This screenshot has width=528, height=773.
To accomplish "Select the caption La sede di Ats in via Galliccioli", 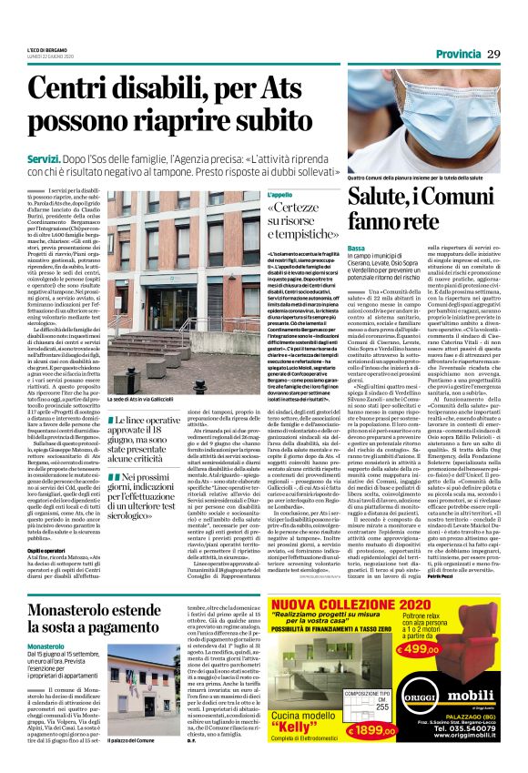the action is click(x=150, y=375).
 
